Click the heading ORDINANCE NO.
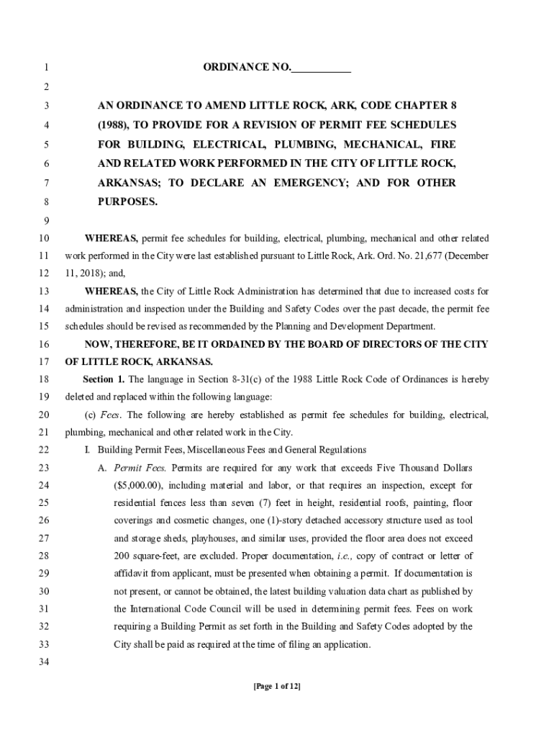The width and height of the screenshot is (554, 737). pos(247,68)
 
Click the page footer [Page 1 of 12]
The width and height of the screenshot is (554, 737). pos(277,686)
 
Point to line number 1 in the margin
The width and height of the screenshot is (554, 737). pos(45,68)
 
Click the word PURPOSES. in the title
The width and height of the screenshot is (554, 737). pos(127,202)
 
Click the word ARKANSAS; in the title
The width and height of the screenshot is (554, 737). pos(129,183)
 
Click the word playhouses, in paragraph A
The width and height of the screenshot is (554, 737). pos(205,538)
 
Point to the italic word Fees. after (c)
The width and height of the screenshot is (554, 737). pos(111,415)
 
